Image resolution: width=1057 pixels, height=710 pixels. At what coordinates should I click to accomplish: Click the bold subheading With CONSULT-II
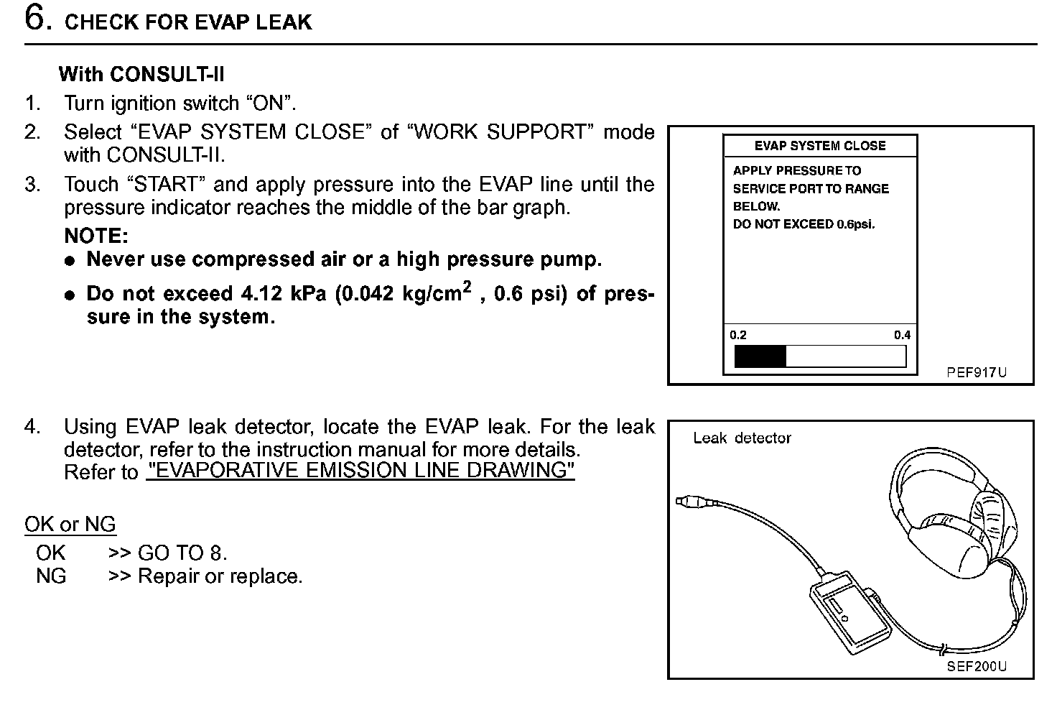click(141, 74)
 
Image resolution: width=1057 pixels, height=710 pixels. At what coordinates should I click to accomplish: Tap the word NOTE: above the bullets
click(96, 236)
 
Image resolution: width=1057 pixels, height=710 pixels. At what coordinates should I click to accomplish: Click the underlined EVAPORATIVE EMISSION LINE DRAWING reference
click(360, 471)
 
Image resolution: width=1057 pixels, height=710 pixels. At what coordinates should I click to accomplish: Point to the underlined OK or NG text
click(70, 525)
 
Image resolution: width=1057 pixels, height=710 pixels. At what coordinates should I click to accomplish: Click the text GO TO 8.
click(182, 553)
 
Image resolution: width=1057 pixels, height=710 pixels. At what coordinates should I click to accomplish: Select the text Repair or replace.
click(220, 576)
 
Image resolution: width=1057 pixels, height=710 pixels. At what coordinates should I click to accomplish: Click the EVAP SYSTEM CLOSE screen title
click(819, 146)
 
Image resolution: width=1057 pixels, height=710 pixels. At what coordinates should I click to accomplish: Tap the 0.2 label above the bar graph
click(738, 335)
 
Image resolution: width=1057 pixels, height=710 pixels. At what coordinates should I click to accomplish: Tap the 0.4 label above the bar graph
click(902, 335)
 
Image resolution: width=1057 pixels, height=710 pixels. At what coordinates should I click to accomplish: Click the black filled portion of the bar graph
click(760, 356)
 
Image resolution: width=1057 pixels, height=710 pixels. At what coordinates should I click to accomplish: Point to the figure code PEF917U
click(976, 372)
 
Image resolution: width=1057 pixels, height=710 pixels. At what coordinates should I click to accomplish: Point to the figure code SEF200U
click(977, 666)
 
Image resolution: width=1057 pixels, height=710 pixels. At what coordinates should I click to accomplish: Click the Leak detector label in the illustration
click(742, 438)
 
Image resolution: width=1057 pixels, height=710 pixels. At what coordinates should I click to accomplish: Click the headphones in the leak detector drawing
click(955, 510)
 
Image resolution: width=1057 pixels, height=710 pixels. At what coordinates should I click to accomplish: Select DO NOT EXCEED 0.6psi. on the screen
click(804, 224)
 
